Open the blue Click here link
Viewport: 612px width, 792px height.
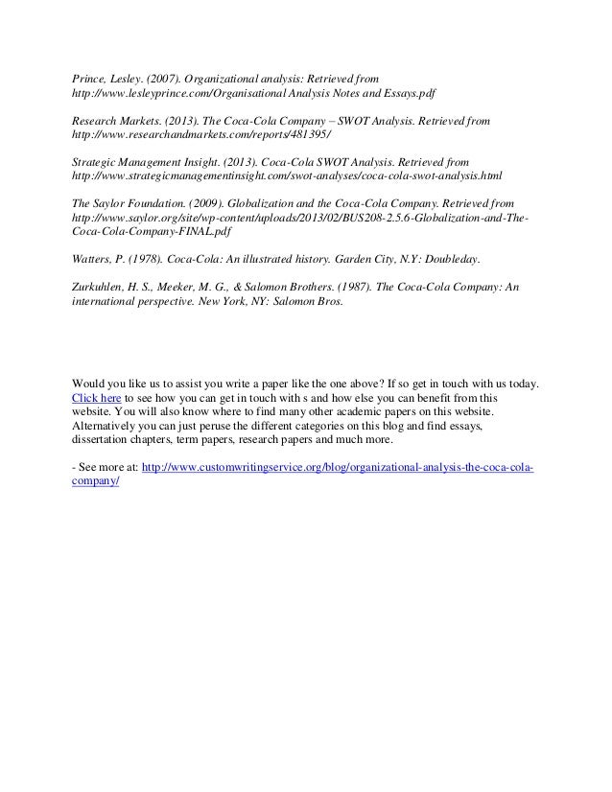tap(97, 397)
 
